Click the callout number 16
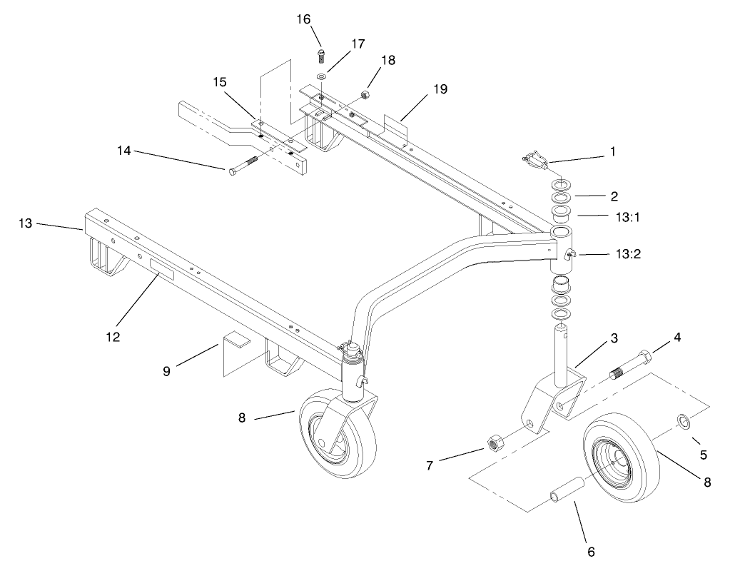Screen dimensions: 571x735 [x=304, y=19]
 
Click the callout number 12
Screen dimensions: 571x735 [x=111, y=335]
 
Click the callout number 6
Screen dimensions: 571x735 [x=589, y=551]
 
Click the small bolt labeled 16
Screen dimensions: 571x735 [x=322, y=54]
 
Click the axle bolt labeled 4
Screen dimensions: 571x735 [x=631, y=365]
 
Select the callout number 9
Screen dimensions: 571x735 [x=166, y=371]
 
